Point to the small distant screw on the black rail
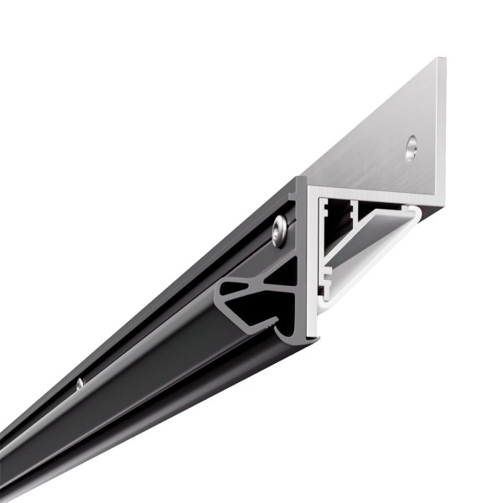(x=80, y=384)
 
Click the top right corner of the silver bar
(x=442, y=60)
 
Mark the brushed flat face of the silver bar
(x=377, y=143)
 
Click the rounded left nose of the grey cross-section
(x=220, y=293)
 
